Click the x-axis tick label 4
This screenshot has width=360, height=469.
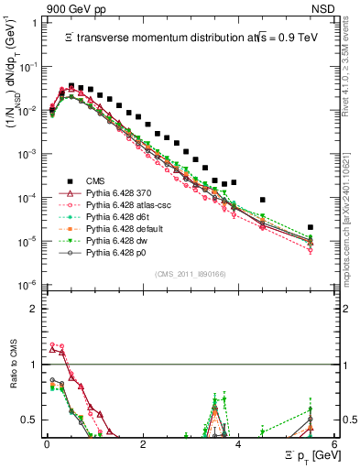click(x=238, y=442)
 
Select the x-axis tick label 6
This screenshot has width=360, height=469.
click(x=334, y=442)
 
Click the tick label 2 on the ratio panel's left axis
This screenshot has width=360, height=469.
click(x=35, y=309)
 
